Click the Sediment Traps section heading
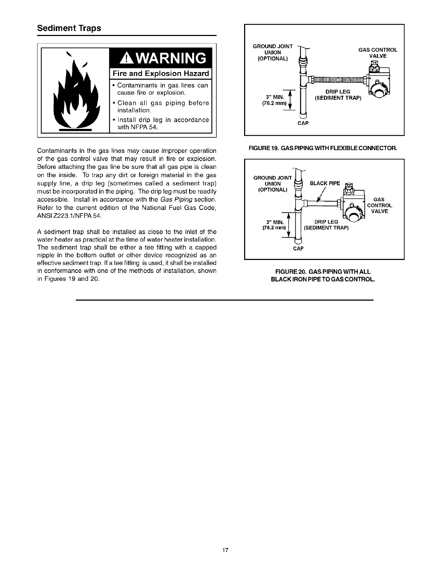click(69, 28)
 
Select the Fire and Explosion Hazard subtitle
click(160, 74)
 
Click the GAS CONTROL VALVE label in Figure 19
click(377, 53)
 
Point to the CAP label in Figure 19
click(303, 123)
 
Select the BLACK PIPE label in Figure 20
click(325, 183)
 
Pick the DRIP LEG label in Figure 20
click(326, 222)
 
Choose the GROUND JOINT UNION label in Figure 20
click(273, 183)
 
